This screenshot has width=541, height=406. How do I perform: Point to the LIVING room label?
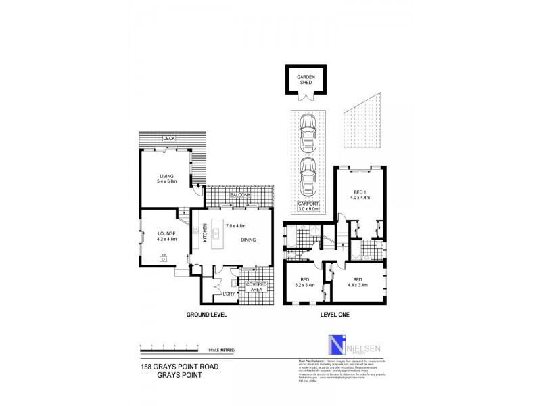coord(166,176)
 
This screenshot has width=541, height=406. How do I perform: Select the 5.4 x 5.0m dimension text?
coord(166,182)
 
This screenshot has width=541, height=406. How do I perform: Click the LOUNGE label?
coord(166,233)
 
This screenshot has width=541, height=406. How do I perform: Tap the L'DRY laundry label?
coord(228,295)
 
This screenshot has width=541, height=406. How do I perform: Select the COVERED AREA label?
coord(256,286)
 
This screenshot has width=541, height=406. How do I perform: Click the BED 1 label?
coord(360,191)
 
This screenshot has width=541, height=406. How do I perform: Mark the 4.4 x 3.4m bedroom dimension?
coord(359,284)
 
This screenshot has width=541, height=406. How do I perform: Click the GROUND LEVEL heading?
coord(206,315)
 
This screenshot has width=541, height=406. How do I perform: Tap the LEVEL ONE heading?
coord(333,315)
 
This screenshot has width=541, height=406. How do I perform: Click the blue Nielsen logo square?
coord(336,345)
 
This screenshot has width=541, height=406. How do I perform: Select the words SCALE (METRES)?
coord(222,349)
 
